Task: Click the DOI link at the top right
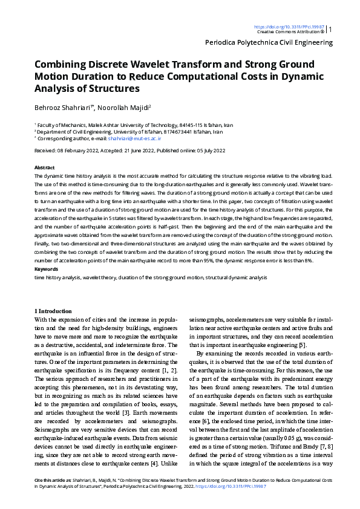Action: click(289, 27)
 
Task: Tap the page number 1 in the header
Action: click(331, 28)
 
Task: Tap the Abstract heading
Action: click(44, 167)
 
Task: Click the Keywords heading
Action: click(46, 268)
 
